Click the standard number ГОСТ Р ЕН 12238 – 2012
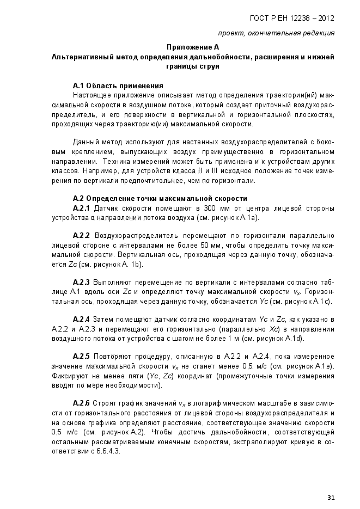(292, 18)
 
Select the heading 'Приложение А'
(192, 47)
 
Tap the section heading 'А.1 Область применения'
(118, 85)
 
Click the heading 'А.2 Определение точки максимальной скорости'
(160, 199)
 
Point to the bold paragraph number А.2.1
(81, 208)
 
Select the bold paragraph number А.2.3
(81, 283)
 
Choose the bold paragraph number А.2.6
(81, 403)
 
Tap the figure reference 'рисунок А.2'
(107, 431)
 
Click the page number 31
(331, 496)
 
